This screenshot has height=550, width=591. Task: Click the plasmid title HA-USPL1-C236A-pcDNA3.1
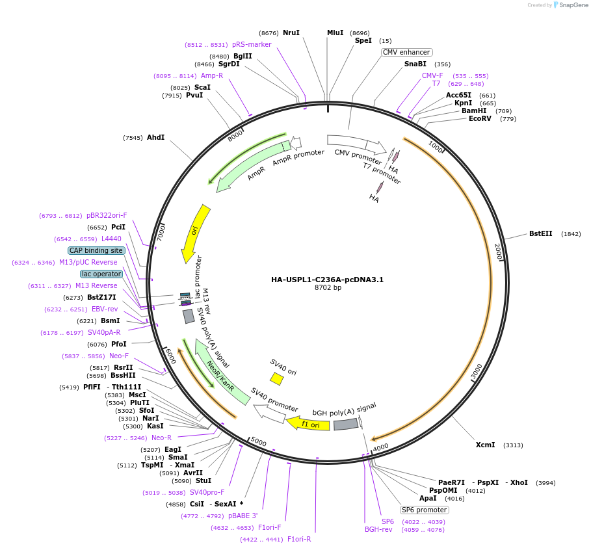click(x=327, y=280)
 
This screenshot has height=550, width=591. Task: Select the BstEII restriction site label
click(x=540, y=234)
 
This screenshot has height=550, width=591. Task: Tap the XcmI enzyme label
click(x=485, y=445)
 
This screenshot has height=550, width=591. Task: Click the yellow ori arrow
click(x=195, y=234)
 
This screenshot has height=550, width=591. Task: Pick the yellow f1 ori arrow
click(x=308, y=424)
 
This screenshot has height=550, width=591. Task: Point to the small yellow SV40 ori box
click(x=277, y=379)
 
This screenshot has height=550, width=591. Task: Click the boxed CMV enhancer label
click(x=406, y=53)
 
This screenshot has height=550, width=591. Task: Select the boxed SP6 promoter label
click(x=424, y=510)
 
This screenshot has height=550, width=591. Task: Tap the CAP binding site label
click(x=96, y=251)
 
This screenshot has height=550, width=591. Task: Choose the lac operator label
click(x=101, y=274)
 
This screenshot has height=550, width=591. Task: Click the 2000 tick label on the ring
click(x=498, y=252)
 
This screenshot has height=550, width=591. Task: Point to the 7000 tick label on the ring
click(x=161, y=233)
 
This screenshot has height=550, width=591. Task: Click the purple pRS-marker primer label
click(x=252, y=44)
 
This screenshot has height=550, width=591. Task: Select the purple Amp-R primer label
click(x=212, y=76)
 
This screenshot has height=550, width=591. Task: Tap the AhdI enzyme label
click(x=155, y=138)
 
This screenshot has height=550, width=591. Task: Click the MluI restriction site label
click(x=335, y=33)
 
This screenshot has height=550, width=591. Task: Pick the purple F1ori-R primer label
click(x=299, y=539)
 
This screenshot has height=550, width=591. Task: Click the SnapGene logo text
click(x=573, y=5)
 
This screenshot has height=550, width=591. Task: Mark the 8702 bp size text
click(x=328, y=287)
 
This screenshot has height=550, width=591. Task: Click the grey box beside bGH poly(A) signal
click(x=346, y=425)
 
